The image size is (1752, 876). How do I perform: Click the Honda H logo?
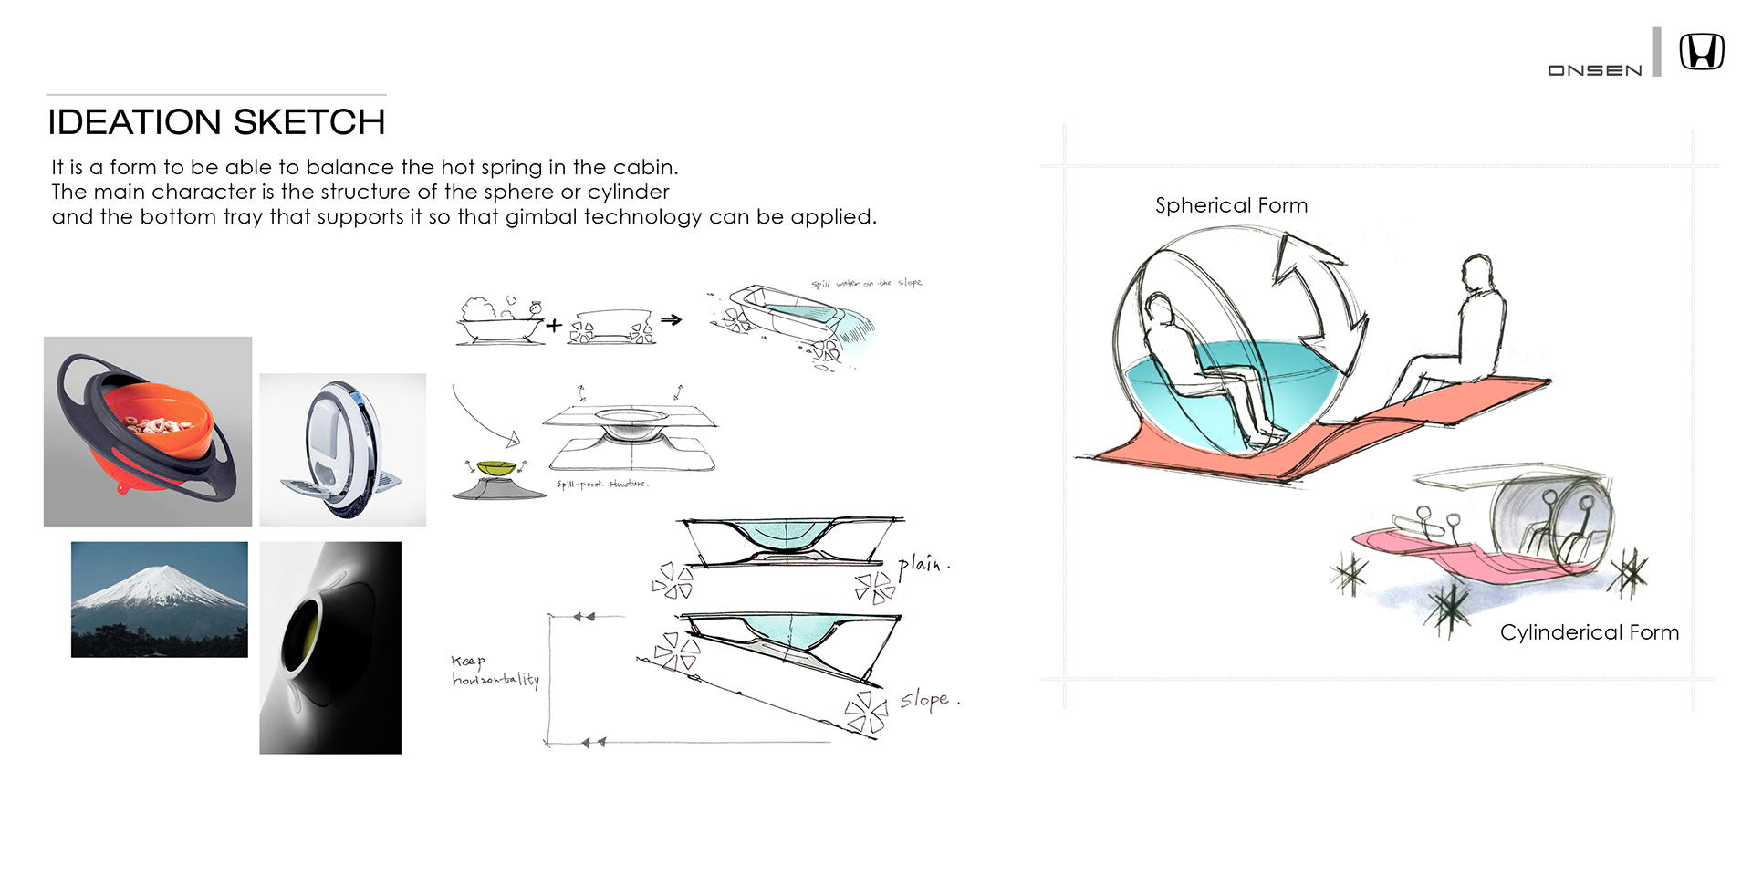[1702, 52]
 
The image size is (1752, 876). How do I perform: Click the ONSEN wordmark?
[1594, 70]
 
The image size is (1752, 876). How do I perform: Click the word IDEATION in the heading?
[134, 122]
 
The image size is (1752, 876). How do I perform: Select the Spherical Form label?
[1231, 205]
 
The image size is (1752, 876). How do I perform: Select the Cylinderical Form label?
[1589, 632]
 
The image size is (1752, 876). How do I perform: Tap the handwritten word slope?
[925, 700]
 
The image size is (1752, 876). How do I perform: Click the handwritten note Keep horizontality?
[494, 671]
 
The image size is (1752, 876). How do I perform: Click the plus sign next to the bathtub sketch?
[554, 324]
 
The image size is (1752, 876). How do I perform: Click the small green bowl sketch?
[495, 468]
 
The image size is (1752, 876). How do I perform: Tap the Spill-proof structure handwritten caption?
[602, 484]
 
